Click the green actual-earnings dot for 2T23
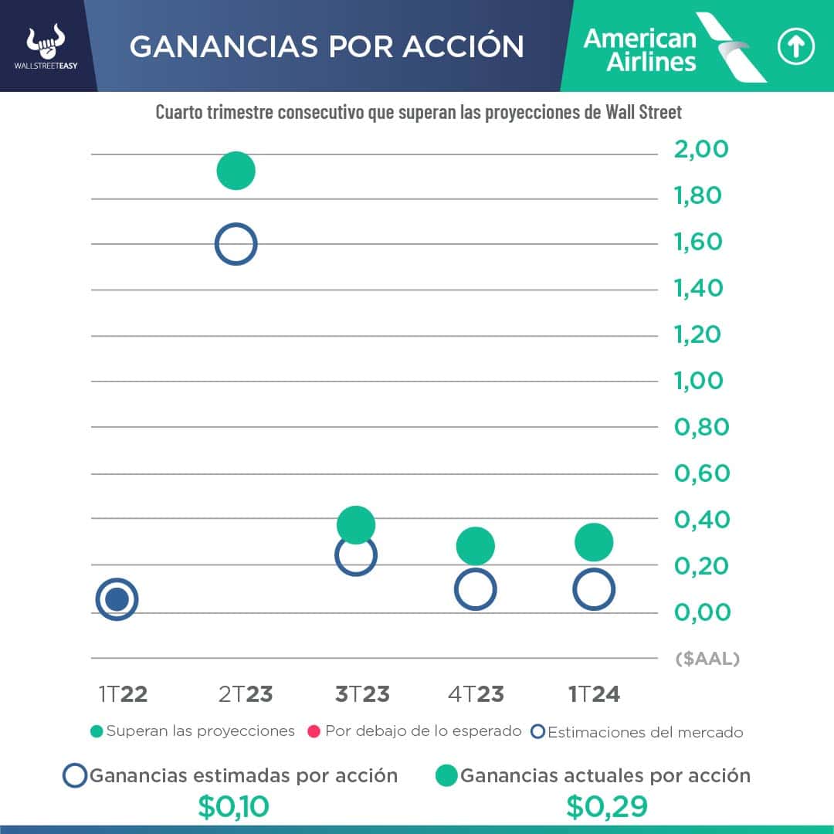(236, 171)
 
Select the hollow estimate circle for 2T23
(236, 244)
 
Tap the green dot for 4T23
(475, 547)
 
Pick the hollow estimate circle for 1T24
(594, 590)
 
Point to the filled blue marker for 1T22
(117, 599)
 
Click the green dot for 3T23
(356, 525)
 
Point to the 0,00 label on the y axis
(702, 612)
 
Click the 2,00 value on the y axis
(701, 149)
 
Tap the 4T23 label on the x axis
(476, 694)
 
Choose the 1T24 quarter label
(594, 694)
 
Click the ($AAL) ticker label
(707, 659)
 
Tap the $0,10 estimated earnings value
(233, 807)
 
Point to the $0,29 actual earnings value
(606, 807)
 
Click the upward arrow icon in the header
(795, 48)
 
